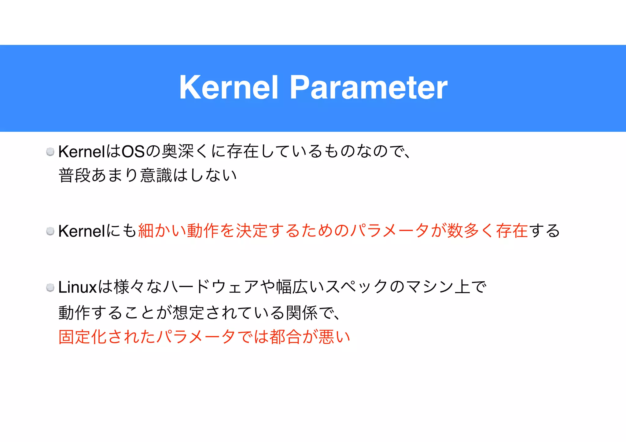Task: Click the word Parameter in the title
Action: point(368,87)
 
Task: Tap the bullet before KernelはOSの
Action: point(50,152)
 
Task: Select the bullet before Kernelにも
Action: point(50,231)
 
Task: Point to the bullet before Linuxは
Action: point(50,287)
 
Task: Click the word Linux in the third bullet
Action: point(78,287)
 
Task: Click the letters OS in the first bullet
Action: point(133,152)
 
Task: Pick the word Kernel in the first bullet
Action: point(82,152)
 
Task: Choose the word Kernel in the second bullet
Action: point(82,231)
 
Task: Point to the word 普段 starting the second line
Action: point(74,175)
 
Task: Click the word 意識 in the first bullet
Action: point(156,175)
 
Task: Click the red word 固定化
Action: point(82,337)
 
